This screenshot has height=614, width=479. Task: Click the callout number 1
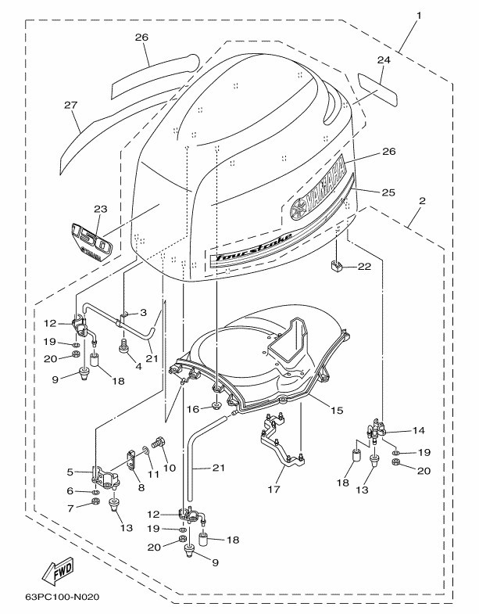tap(419, 15)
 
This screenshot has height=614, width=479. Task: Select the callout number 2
tap(423, 202)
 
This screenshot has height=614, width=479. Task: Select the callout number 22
tap(364, 267)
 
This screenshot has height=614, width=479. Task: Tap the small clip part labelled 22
tap(336, 267)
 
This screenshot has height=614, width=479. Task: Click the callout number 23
tap(100, 210)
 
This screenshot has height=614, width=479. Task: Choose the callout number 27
tap(71, 106)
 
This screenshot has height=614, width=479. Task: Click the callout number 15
tap(338, 410)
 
